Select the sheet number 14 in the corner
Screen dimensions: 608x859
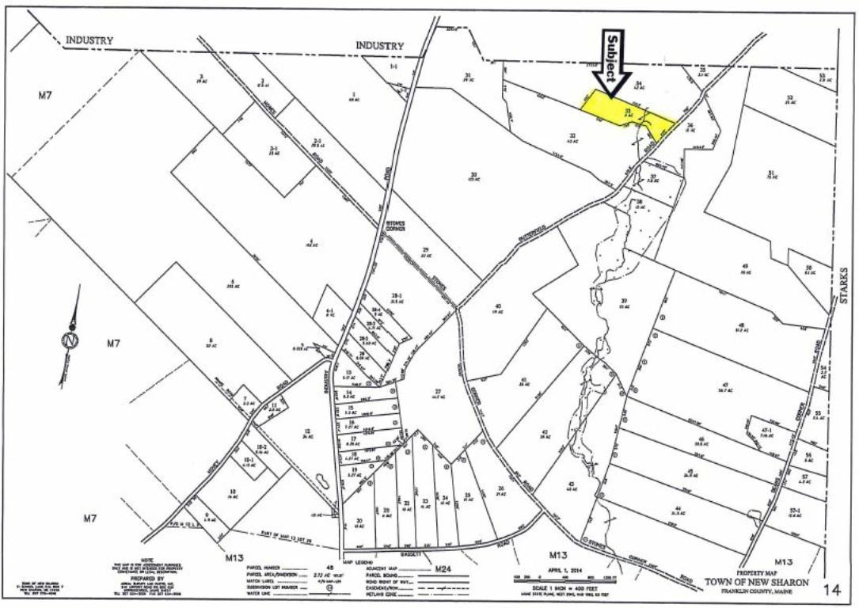coord(830,588)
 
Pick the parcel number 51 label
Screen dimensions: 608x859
coord(769,173)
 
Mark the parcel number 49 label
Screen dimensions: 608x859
coord(745,266)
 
